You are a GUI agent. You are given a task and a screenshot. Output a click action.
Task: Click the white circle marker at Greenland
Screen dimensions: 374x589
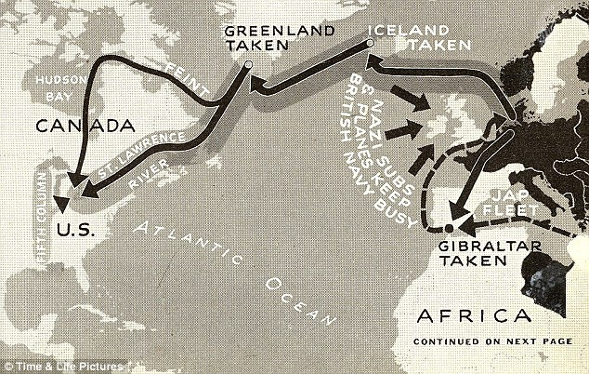pos(248,64)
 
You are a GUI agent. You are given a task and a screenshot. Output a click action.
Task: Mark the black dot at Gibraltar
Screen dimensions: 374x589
pos(450,227)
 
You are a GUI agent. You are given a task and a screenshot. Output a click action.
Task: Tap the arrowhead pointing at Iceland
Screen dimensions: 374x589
pos(372,61)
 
